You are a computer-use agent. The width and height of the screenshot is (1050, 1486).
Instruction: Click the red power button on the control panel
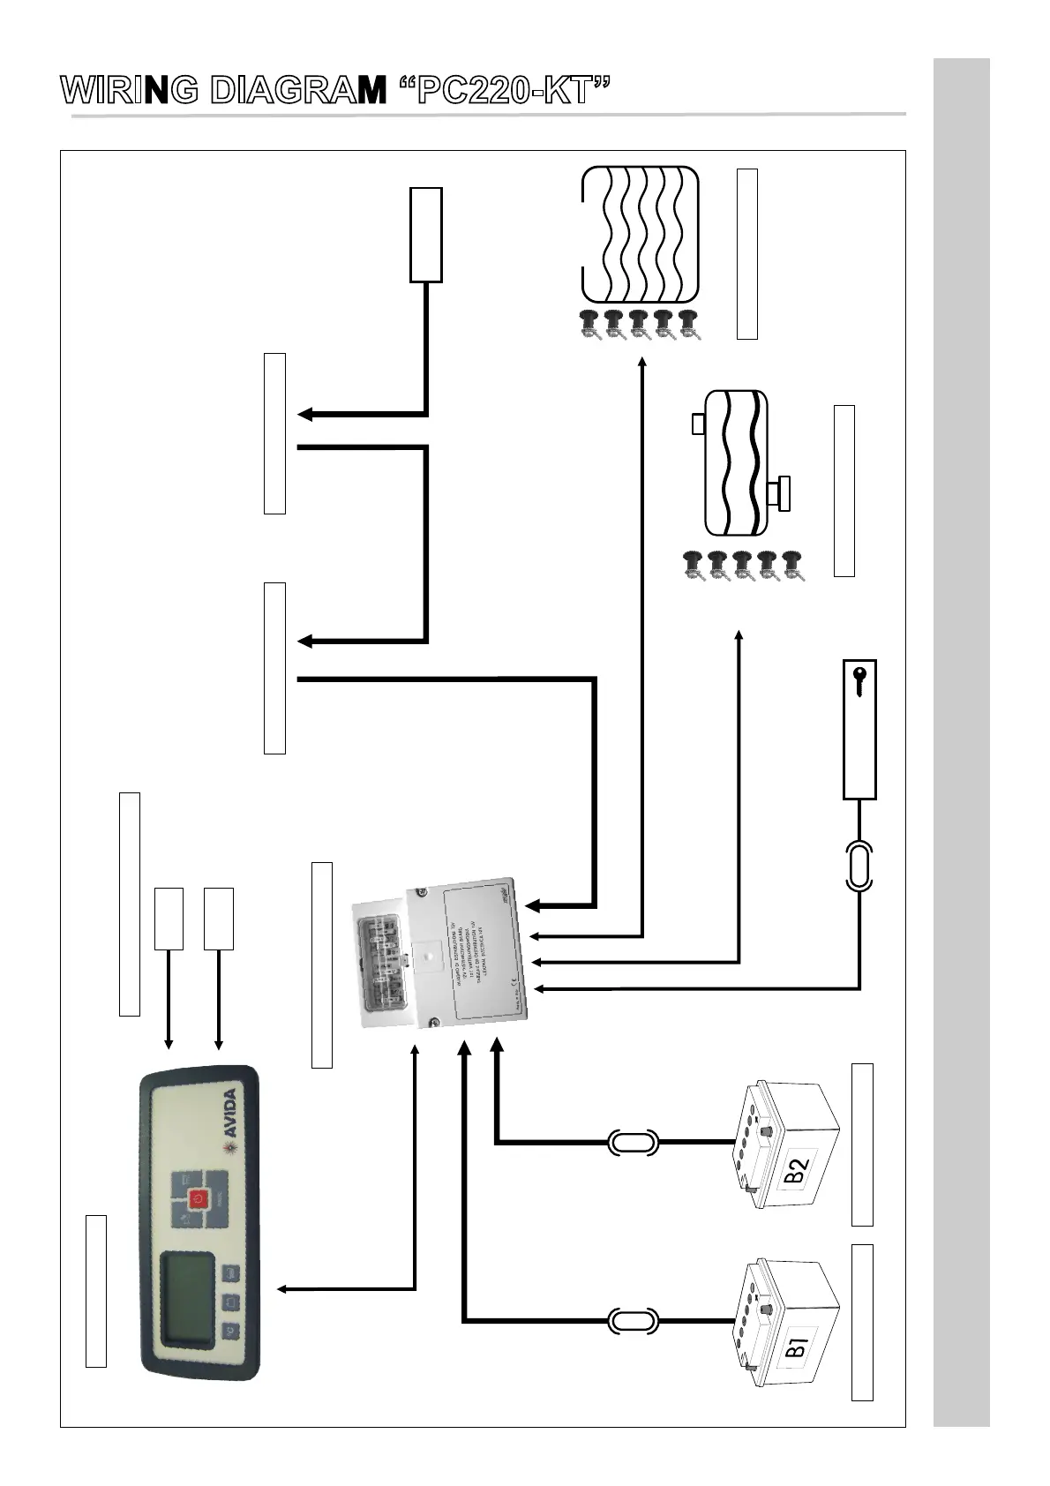point(199,1197)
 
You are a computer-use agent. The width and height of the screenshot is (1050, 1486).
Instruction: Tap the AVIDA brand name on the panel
point(229,1114)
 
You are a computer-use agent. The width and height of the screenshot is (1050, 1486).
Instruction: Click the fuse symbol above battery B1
point(633,1321)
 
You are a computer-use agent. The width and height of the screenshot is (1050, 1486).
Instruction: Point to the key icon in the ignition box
point(860,681)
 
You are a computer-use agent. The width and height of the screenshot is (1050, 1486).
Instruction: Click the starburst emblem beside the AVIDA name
point(231,1147)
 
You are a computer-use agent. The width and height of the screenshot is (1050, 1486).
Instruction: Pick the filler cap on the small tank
point(697,424)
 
